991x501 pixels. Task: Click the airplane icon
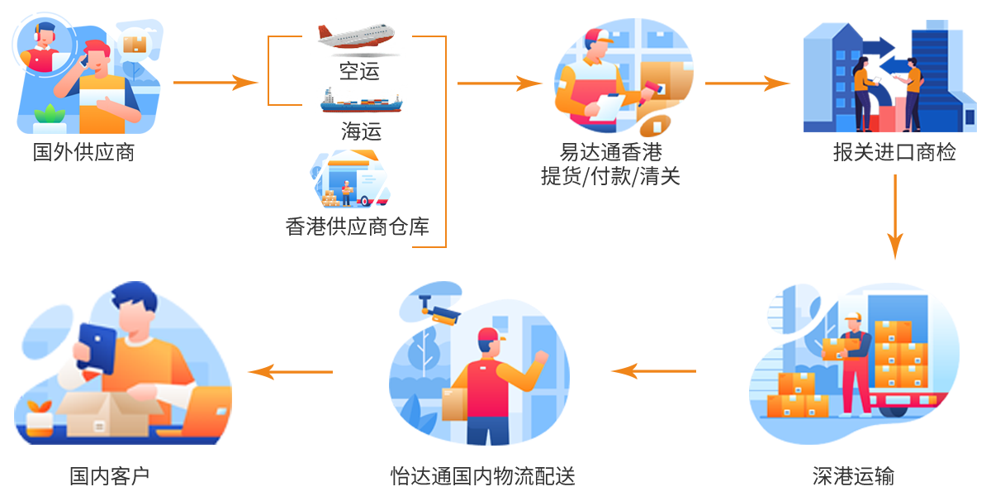click(x=357, y=37)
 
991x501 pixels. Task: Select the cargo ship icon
click(x=362, y=101)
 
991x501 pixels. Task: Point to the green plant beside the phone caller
click(x=50, y=115)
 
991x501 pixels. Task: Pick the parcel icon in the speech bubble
click(x=135, y=42)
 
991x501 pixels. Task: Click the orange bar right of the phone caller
click(x=216, y=83)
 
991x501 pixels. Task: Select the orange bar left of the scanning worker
click(x=500, y=83)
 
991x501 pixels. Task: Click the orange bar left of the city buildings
click(x=747, y=83)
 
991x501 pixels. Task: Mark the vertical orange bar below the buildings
click(x=895, y=217)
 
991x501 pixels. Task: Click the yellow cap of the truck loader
click(x=852, y=317)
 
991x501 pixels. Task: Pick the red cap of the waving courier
click(x=489, y=336)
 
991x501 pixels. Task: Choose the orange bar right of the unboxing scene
click(x=289, y=372)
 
